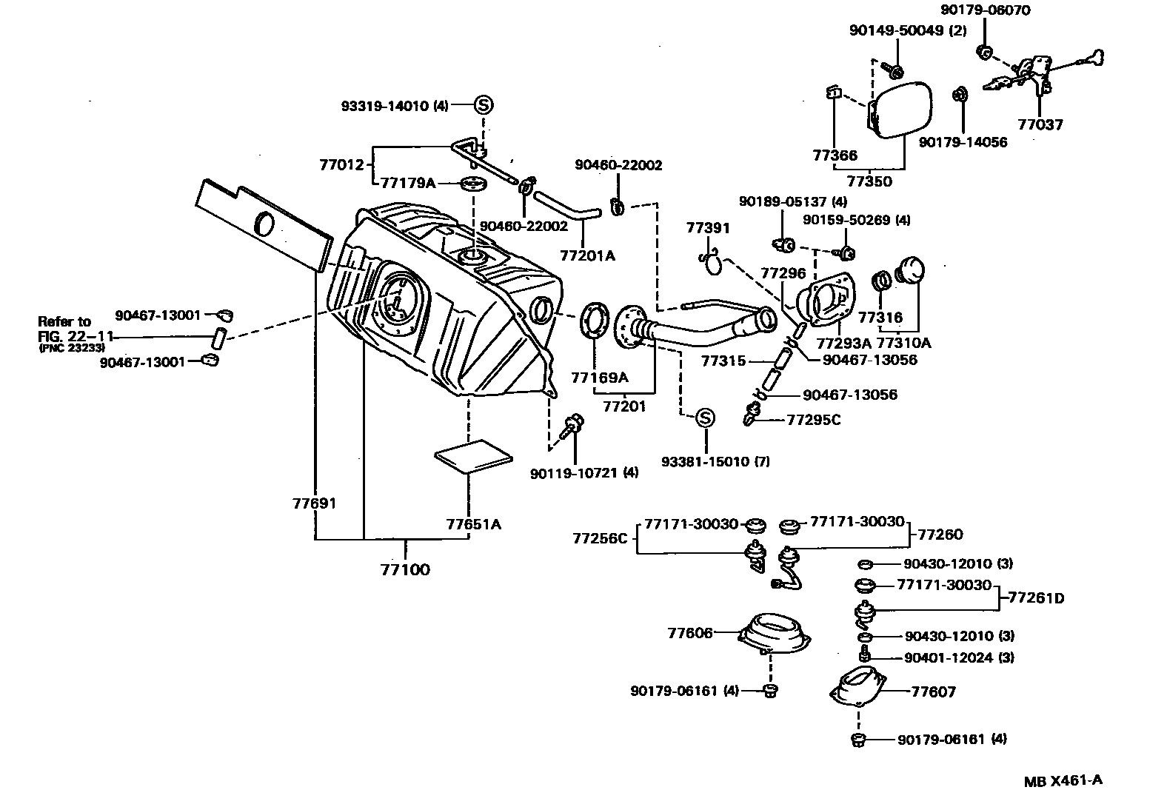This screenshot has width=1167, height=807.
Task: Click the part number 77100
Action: [x=405, y=570]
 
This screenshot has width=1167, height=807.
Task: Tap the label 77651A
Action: [x=473, y=525]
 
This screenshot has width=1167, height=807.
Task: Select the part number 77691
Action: [x=314, y=504]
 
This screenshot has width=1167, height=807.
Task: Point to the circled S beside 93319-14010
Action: [x=483, y=105]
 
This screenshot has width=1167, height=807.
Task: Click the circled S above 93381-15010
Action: [x=706, y=418]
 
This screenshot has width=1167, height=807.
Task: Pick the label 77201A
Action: [x=587, y=256]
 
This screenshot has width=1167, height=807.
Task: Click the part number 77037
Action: [x=1040, y=124]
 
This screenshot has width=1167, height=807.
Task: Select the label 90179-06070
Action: [x=985, y=10]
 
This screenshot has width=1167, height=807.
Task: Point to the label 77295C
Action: [x=814, y=420]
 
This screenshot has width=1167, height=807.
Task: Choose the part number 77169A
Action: [x=599, y=378]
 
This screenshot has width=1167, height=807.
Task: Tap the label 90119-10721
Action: [x=576, y=472]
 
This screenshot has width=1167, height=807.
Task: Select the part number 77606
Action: [x=689, y=633]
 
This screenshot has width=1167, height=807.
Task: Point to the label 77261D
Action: [x=1036, y=597]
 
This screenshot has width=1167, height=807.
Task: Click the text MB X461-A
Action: [x=1063, y=780]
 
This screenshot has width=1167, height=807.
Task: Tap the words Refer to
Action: [x=64, y=321]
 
